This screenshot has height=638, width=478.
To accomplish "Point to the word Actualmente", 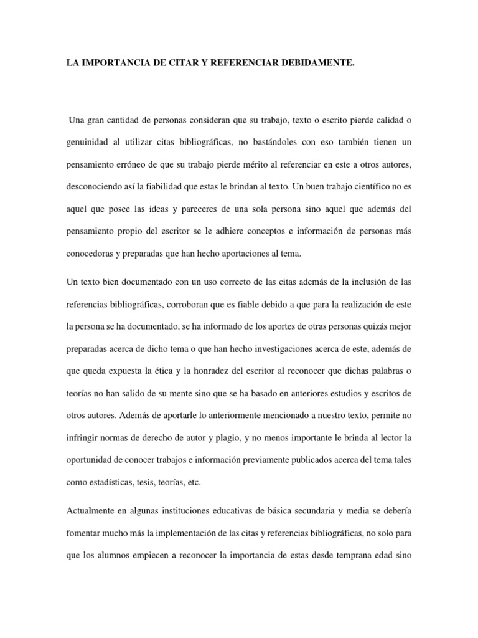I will coord(89,511).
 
